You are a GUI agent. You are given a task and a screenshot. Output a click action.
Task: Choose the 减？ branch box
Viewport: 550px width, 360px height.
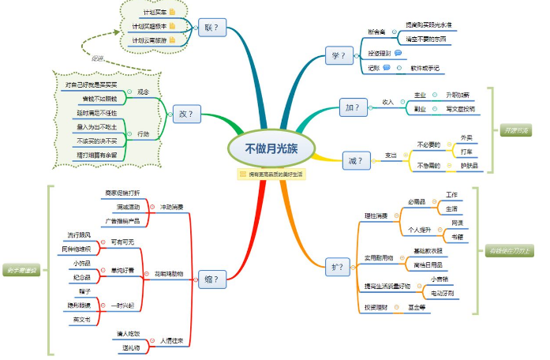pos(355,161)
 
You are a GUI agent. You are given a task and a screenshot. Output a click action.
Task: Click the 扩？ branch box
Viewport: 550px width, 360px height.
pos(336,267)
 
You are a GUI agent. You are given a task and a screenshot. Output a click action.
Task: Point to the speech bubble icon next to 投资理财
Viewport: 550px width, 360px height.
pos(398,53)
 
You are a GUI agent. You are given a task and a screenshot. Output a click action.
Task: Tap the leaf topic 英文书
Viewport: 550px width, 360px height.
pos(82,320)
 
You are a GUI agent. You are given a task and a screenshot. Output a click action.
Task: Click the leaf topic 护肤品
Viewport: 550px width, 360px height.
pos(469,166)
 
